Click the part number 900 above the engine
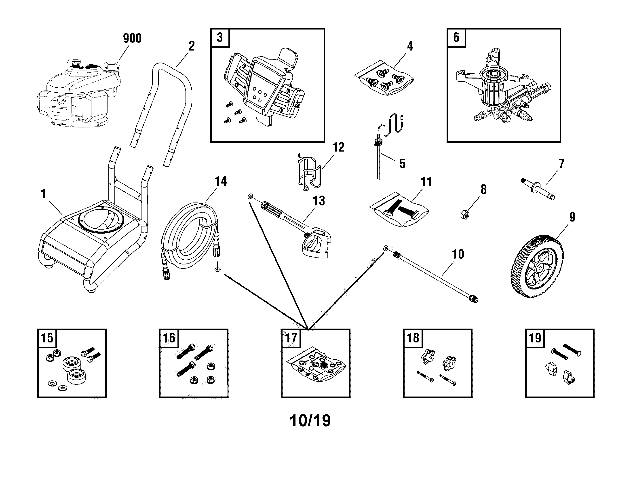pyautogui.click(x=132, y=38)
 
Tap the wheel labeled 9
pyautogui.click(x=537, y=266)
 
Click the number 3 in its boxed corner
pyautogui.click(x=220, y=38)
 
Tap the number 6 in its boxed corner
pyautogui.click(x=456, y=38)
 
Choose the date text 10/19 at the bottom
pyautogui.click(x=310, y=421)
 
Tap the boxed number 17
pyautogui.click(x=291, y=338)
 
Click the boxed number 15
pyautogui.click(x=47, y=338)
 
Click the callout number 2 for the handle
pyautogui.click(x=192, y=46)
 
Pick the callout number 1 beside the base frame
pyautogui.click(x=43, y=194)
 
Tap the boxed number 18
pyautogui.click(x=413, y=338)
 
